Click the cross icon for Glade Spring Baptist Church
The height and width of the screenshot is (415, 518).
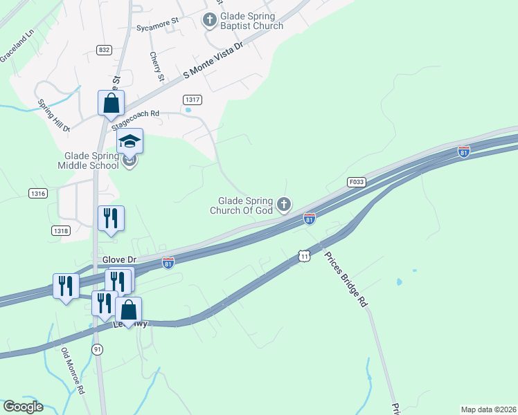tap(210, 21)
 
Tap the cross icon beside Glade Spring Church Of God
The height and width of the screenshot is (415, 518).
tap(283, 204)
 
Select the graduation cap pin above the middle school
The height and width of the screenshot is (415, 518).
tap(129, 142)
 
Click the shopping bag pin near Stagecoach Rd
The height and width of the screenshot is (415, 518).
tap(111, 104)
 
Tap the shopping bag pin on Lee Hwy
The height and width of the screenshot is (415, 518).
tap(129, 311)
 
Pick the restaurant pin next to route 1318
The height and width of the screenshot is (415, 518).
tap(111, 219)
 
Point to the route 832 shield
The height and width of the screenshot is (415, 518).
tap(105, 50)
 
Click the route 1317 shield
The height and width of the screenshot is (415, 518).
tap(193, 100)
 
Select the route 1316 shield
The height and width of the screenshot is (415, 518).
tap(38, 194)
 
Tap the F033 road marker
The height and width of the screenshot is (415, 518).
tap(356, 182)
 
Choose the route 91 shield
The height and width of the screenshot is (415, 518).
tap(96, 350)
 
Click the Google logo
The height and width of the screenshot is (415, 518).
tap(23, 407)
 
